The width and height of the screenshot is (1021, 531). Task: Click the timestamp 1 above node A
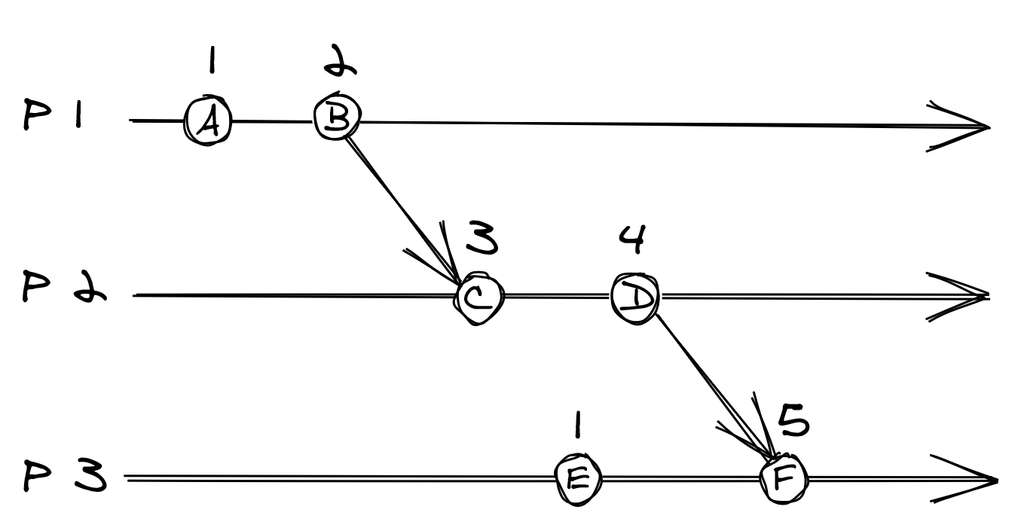pos(212,61)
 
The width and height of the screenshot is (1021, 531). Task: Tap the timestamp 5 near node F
pos(792,423)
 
